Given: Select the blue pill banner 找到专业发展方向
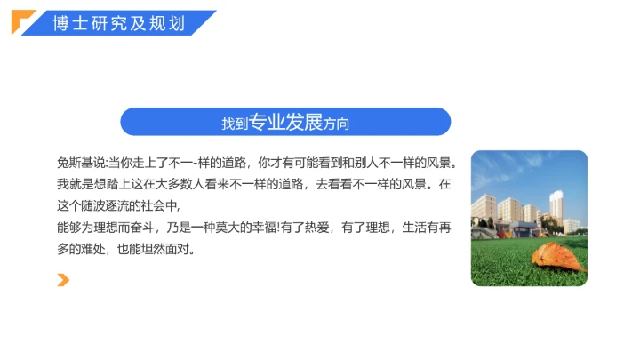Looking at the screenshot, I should tap(285, 122).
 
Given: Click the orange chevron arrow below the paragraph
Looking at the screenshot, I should tap(63, 281).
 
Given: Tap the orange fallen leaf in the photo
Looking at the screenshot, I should tap(558, 256).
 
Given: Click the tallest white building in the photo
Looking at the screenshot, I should tap(556, 210).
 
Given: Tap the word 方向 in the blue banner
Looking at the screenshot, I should tap(338, 124).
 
